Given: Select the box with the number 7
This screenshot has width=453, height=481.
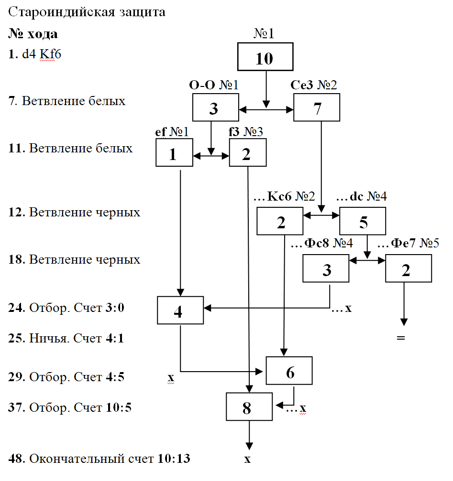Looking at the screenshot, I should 317,107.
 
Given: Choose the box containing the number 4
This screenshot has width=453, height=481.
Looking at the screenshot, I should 180,310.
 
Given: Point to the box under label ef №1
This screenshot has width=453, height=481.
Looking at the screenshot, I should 174,153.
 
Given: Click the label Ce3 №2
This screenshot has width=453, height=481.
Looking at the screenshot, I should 314,86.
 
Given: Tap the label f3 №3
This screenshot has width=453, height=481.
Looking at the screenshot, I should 246,132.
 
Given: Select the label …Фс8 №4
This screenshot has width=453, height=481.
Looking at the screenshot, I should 322,244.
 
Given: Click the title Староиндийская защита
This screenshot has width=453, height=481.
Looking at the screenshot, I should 87,12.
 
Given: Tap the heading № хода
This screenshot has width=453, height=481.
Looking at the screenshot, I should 33,34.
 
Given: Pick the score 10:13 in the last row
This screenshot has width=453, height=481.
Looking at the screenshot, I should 174,459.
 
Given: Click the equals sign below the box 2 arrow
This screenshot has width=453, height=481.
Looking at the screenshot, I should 400,338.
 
